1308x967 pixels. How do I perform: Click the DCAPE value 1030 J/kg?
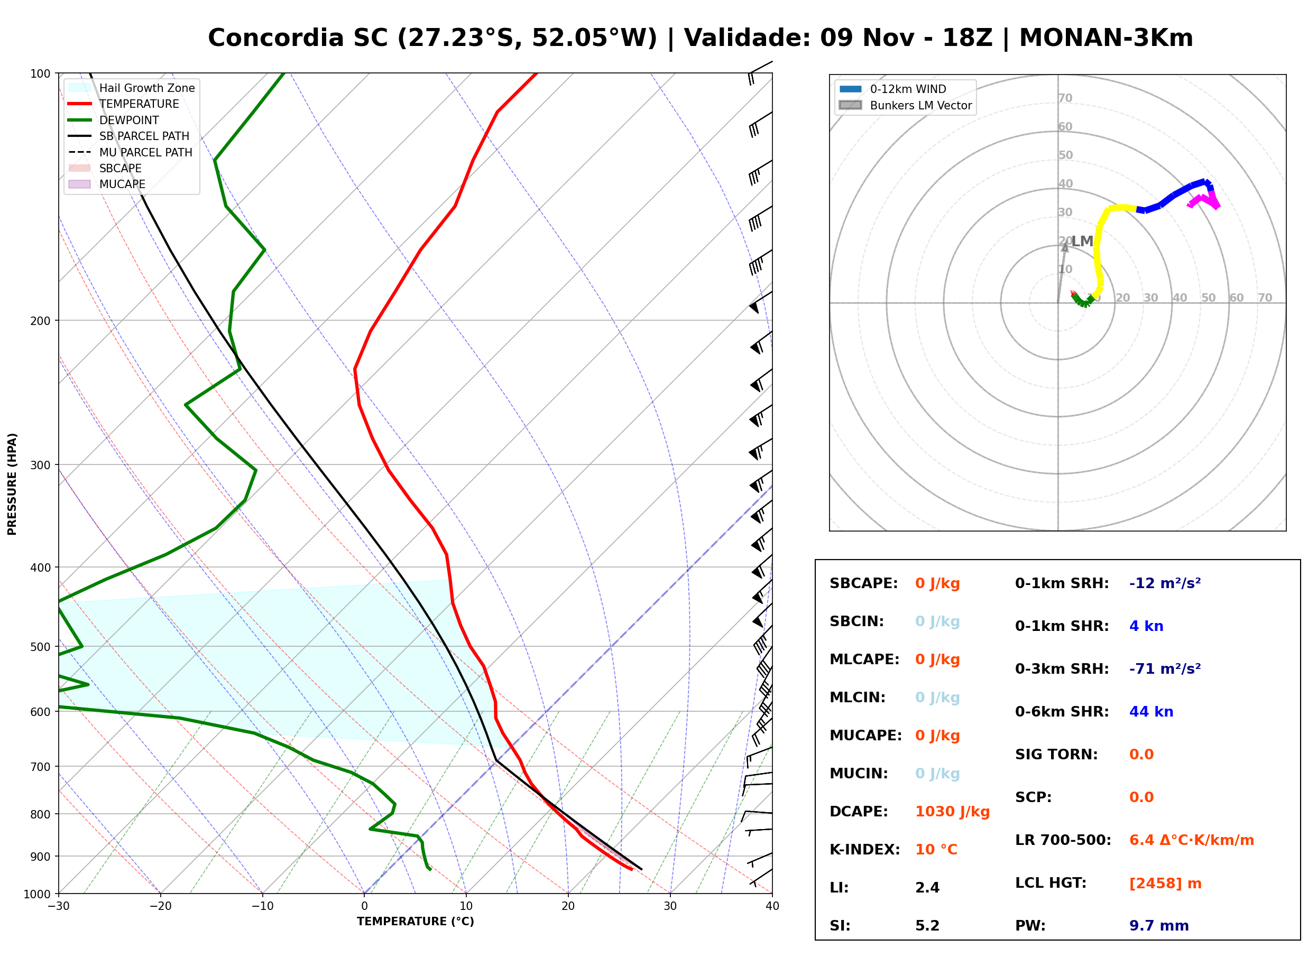coord(952,812)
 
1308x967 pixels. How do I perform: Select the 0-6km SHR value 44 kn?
coord(1151,712)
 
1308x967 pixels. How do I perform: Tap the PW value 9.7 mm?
coord(1159,926)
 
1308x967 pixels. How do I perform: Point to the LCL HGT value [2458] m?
coord(1165,884)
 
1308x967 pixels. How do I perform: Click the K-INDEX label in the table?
coord(865,850)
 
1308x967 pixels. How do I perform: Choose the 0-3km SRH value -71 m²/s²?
coord(1165,668)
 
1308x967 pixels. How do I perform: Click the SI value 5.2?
coord(927,926)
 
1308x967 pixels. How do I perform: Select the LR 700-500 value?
coord(1192,841)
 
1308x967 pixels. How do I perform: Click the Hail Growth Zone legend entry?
coord(132,88)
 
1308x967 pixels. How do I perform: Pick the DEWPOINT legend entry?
coord(114,120)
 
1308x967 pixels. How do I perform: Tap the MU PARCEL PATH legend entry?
coord(131,152)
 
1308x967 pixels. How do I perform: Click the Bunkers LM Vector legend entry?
coord(905,105)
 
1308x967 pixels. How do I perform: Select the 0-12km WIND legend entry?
coord(893,89)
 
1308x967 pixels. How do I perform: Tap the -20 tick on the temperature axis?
coord(160,906)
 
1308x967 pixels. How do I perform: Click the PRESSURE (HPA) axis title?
coord(12,484)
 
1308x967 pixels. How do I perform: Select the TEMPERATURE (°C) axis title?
coord(416,922)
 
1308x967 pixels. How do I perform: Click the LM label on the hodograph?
coord(1083,241)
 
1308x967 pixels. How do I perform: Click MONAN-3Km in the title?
coord(1106,38)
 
